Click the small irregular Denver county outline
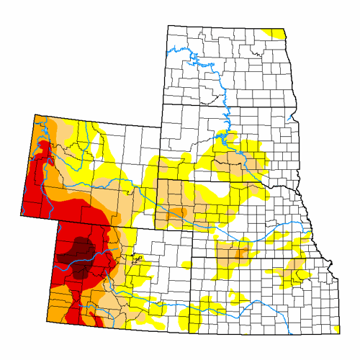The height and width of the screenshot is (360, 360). pyautogui.click(x=138, y=257)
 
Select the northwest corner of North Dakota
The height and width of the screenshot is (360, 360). pyautogui.click(x=168, y=26)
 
